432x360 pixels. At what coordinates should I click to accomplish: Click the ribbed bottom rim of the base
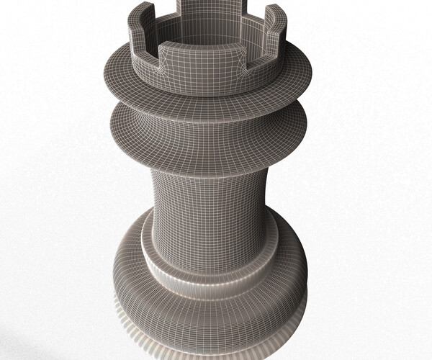pyautogui.click(x=209, y=338)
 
